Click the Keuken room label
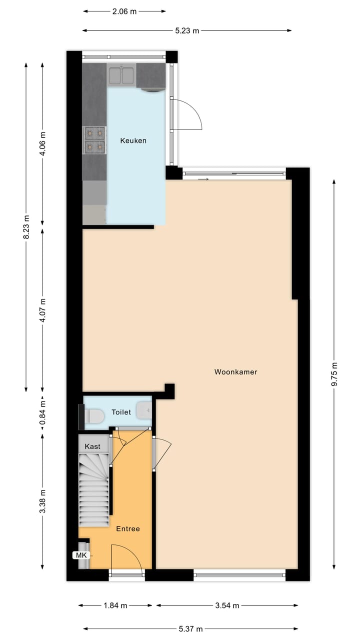click(x=133, y=141)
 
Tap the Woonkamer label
click(x=235, y=372)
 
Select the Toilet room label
click(x=121, y=412)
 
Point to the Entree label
click(x=128, y=529)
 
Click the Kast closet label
click(x=92, y=446)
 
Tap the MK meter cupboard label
click(x=80, y=555)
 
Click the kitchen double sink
click(x=121, y=75)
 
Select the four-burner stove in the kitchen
click(x=94, y=139)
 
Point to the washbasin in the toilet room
click(x=144, y=410)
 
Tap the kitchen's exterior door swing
click(x=185, y=114)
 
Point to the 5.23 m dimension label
click(x=187, y=31)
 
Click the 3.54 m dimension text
click(x=227, y=605)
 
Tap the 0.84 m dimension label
click(x=43, y=412)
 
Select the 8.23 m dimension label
click(x=26, y=227)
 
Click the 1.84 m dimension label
click(x=115, y=605)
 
